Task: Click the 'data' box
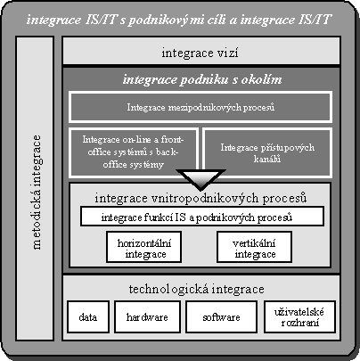(x=88, y=316)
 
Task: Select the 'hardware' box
(x=147, y=316)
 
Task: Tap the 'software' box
(x=221, y=316)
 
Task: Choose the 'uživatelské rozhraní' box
(x=299, y=316)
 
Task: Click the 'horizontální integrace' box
(x=144, y=247)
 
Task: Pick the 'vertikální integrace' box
(x=254, y=247)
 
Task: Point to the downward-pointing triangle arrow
(x=200, y=179)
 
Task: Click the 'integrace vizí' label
(x=200, y=53)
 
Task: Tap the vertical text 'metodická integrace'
(x=37, y=193)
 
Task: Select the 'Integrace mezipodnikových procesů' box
(x=200, y=107)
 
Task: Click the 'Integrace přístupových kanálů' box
(x=267, y=152)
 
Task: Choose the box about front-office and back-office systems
(x=134, y=152)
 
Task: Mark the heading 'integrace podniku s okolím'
(x=202, y=79)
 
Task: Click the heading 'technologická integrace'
(x=197, y=289)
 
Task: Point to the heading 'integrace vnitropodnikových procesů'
(x=200, y=198)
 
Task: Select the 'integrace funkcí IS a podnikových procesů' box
(x=202, y=217)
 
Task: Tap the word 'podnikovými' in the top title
(x=168, y=21)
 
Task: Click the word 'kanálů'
(x=267, y=159)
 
